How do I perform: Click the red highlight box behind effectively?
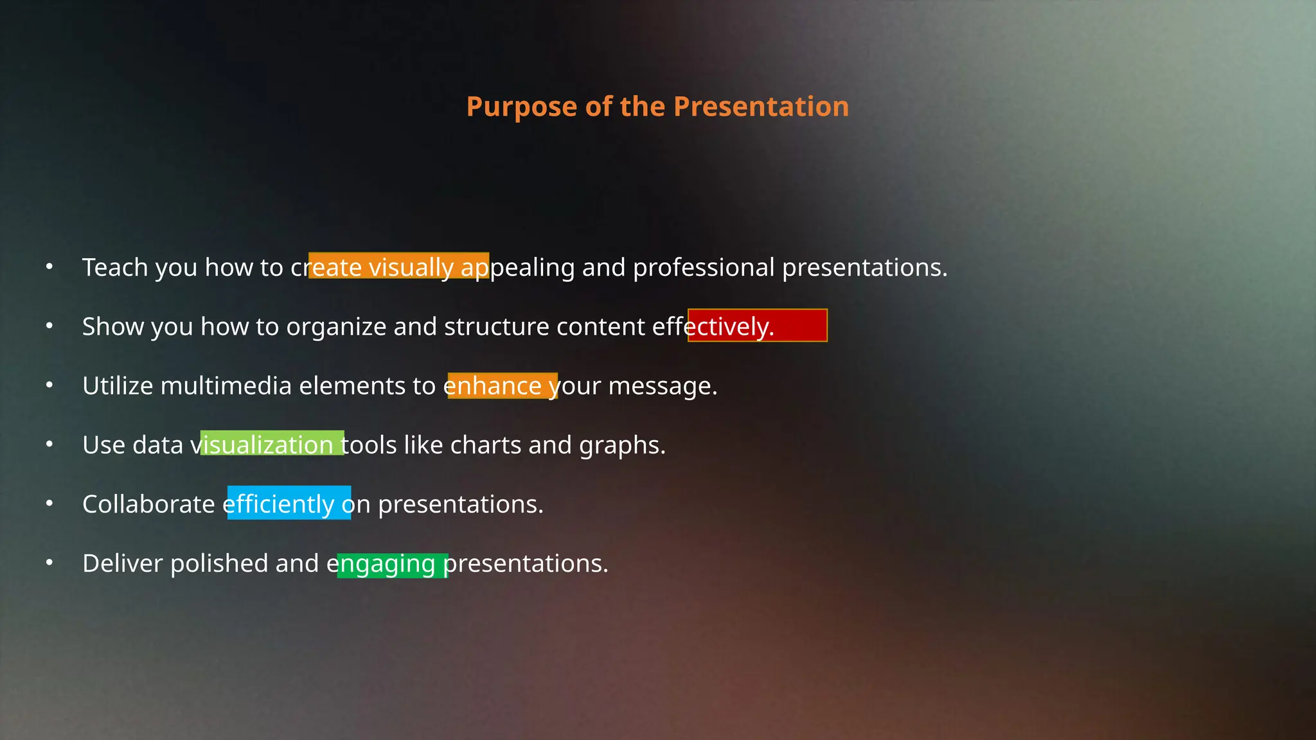click(x=757, y=326)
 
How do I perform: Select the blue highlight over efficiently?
click(x=289, y=503)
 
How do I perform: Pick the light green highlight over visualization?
click(x=272, y=443)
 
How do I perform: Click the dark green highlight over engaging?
click(x=392, y=565)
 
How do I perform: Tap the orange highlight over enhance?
click(x=502, y=386)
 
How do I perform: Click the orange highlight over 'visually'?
click(x=398, y=266)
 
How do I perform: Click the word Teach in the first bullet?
click(x=115, y=267)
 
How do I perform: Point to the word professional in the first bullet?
click(x=704, y=267)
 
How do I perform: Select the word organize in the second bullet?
click(x=336, y=327)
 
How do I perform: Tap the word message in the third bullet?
click(x=662, y=386)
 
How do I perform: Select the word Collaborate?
click(x=148, y=504)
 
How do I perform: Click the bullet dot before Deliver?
click(x=49, y=563)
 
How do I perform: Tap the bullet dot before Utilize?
click(x=49, y=385)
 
